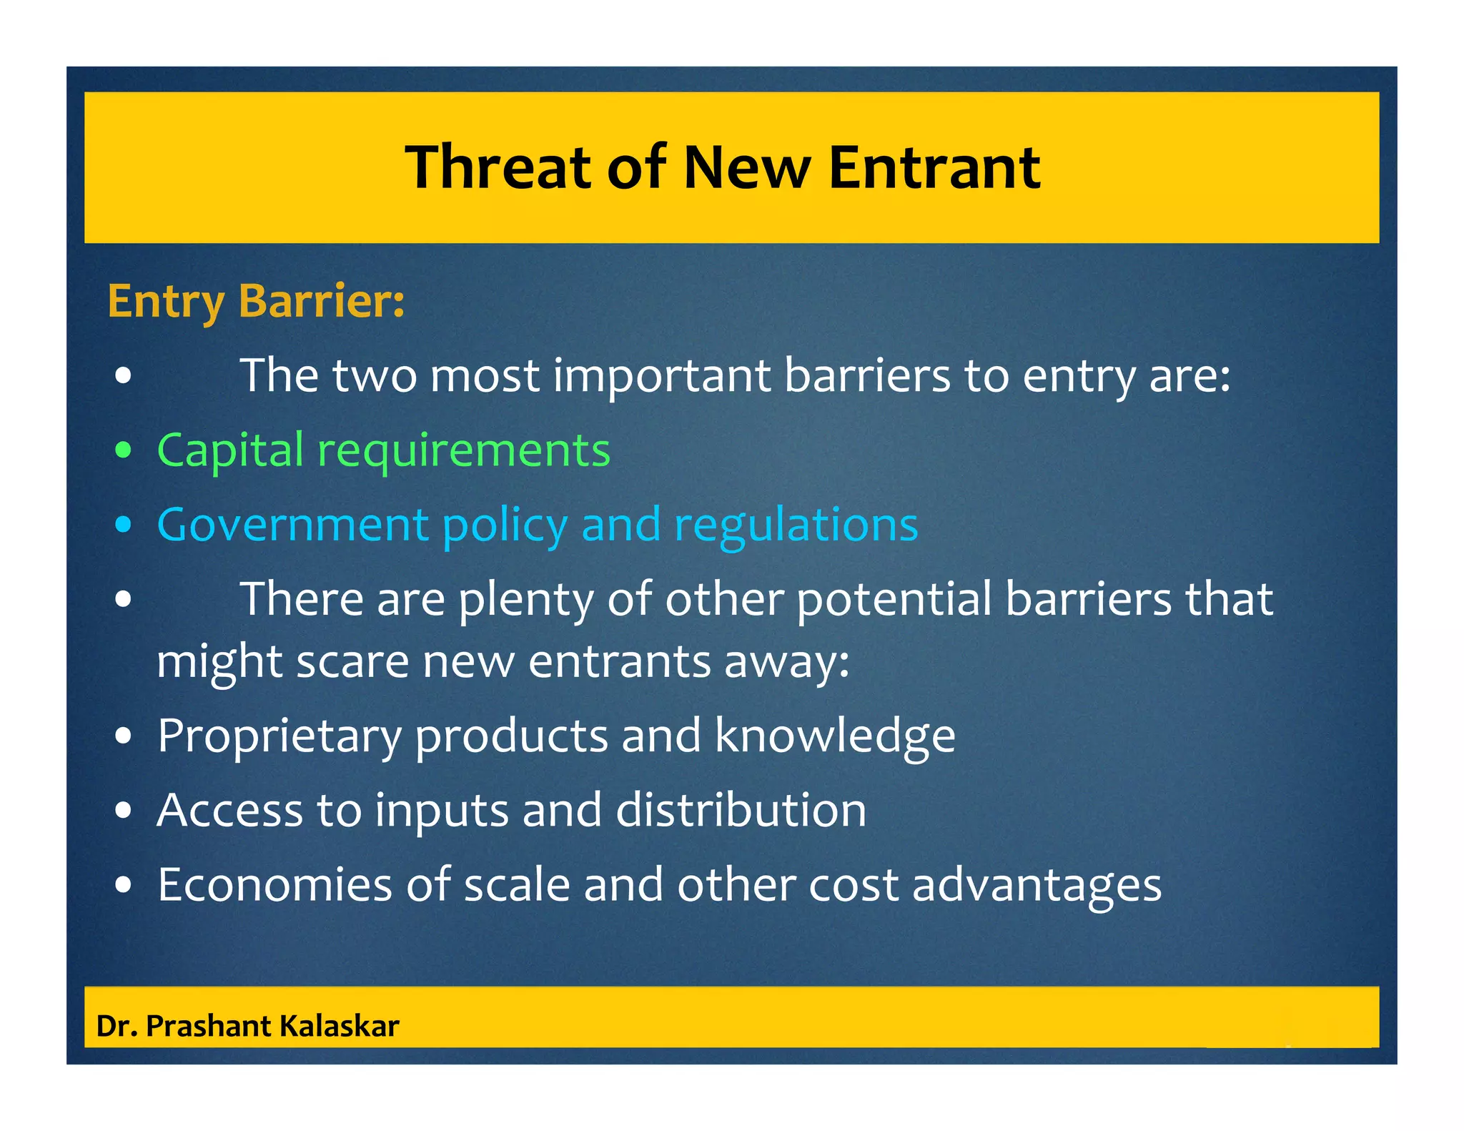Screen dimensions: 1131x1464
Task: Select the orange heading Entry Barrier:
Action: (x=256, y=301)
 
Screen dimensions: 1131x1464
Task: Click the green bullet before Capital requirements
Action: (x=124, y=450)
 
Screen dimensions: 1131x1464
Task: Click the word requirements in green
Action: (x=464, y=451)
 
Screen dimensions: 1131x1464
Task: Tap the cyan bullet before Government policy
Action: (x=124, y=525)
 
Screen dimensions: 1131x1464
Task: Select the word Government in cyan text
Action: (x=292, y=525)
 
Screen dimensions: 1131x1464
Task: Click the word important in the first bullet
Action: (x=662, y=376)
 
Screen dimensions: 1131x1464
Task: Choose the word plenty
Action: (x=526, y=600)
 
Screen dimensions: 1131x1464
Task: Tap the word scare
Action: (x=352, y=661)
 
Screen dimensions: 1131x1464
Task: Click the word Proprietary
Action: (x=279, y=737)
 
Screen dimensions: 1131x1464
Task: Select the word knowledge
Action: (x=834, y=736)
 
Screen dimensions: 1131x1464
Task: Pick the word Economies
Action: (x=274, y=885)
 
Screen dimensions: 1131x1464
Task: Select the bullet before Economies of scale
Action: (x=124, y=885)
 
